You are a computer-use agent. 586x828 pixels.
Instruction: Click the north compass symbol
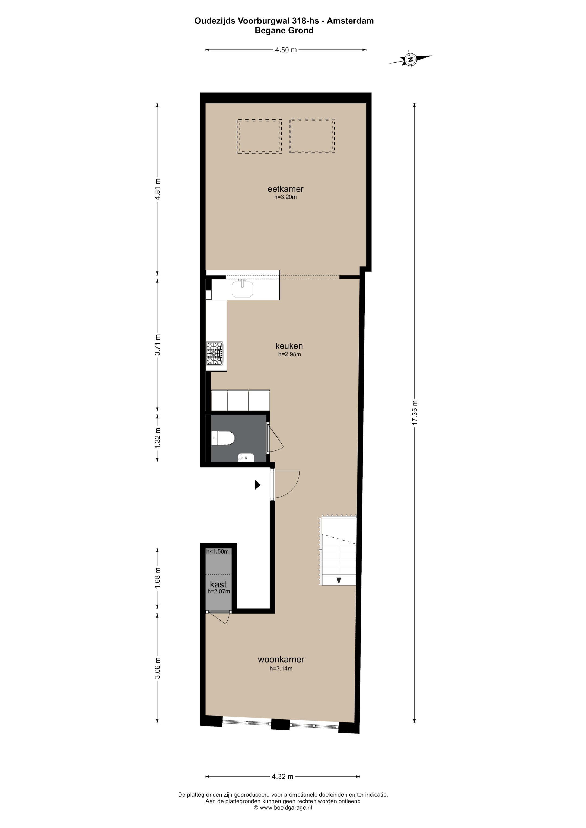click(x=410, y=59)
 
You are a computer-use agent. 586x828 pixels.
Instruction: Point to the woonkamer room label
click(x=281, y=659)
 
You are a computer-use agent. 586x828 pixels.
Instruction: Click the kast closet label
click(x=218, y=584)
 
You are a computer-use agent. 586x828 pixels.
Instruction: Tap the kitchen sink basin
click(x=242, y=289)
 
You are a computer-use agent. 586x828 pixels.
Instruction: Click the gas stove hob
click(x=215, y=353)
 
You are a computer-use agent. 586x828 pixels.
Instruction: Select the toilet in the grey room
click(x=223, y=439)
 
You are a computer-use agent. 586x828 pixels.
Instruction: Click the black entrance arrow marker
click(x=258, y=485)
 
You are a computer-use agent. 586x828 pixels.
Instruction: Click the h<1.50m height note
click(x=217, y=551)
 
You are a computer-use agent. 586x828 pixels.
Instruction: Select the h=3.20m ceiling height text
click(x=285, y=197)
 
